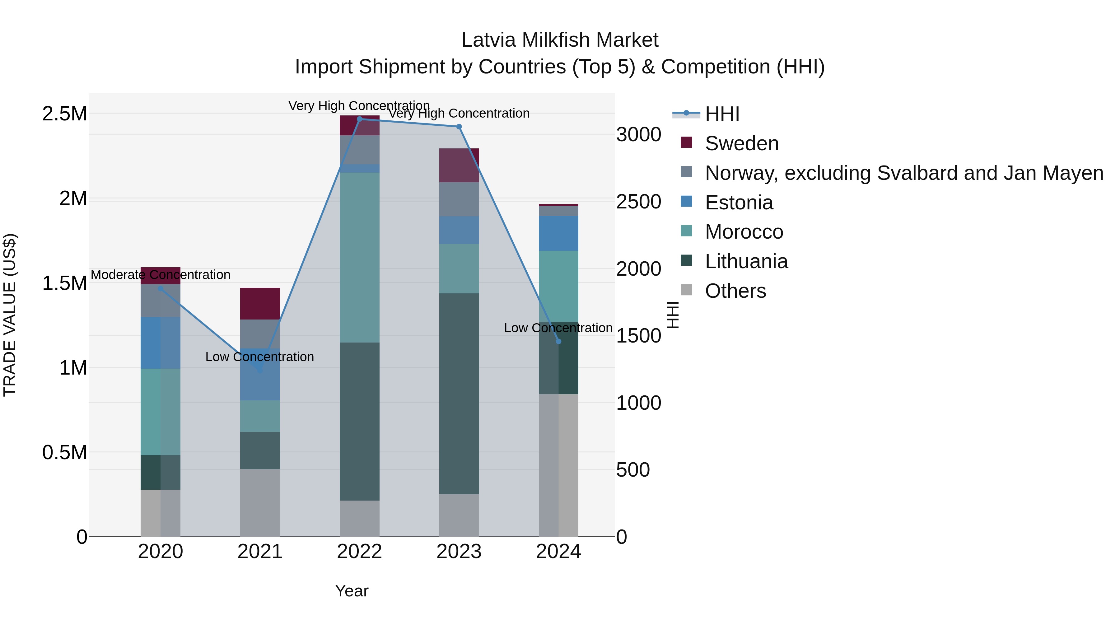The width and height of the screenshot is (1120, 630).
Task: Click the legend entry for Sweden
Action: coord(741,143)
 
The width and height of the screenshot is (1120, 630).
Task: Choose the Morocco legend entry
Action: coord(744,232)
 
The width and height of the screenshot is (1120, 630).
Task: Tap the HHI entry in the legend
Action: coord(722,114)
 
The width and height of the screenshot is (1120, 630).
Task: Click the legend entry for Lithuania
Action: coord(746,261)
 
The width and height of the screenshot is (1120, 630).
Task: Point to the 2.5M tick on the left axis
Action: coord(64,114)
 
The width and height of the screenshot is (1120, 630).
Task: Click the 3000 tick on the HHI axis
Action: coord(638,135)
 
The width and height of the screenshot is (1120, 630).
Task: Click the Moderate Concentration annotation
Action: coord(161,275)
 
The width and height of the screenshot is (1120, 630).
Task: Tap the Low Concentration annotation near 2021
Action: coord(259,357)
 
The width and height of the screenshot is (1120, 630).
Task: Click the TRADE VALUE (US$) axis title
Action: coord(10,315)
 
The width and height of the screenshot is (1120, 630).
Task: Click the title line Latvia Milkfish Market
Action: coord(560,40)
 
